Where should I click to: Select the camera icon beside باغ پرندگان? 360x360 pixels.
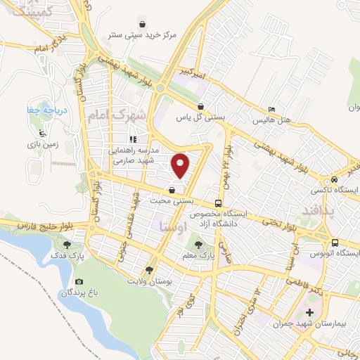click(79, 283)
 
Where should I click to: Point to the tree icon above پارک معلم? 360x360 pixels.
click(199, 245)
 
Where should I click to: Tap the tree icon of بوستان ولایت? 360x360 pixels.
click(148, 270)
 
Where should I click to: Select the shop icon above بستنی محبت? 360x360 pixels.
click(172, 189)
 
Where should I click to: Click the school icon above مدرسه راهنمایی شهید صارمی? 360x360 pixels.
click(132, 139)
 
